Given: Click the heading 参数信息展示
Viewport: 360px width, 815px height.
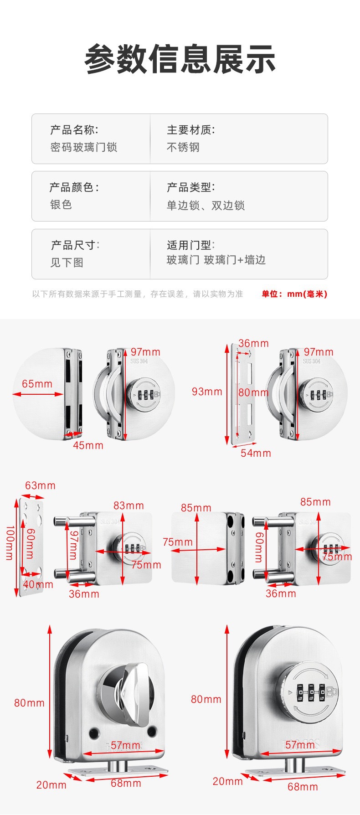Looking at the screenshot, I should pyautogui.click(x=180, y=59).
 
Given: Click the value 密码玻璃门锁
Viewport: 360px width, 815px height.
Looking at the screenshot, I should pyautogui.click(x=84, y=147).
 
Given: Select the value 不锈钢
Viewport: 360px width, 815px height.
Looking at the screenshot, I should pyautogui.click(x=183, y=147).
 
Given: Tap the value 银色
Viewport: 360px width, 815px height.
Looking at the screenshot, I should pyautogui.click(x=61, y=205).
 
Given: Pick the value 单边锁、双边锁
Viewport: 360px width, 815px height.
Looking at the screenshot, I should pyautogui.click(x=206, y=206).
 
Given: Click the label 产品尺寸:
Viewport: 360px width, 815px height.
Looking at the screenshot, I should pyautogui.click(x=75, y=245).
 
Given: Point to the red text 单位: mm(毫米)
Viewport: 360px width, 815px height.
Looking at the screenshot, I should pyautogui.click(x=294, y=294).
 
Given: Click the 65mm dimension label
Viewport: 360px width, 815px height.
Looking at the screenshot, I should pyautogui.click(x=37, y=384).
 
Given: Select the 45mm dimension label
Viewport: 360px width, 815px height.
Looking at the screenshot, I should pyautogui.click(x=88, y=445).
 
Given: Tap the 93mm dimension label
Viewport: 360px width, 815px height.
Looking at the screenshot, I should pyautogui.click(x=207, y=392).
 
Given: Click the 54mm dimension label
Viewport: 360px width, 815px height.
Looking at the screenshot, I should pyautogui.click(x=256, y=453).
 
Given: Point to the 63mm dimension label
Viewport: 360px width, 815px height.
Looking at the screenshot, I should pyautogui.click(x=40, y=485).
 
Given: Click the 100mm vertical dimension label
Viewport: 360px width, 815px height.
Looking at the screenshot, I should pyautogui.click(x=9, y=542).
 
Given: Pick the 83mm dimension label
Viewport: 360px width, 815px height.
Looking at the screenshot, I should pyautogui.click(x=129, y=506).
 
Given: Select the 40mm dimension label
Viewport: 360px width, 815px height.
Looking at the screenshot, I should pyautogui.click(x=38, y=584).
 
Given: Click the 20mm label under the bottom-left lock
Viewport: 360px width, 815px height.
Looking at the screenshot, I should pyautogui.click(x=51, y=785).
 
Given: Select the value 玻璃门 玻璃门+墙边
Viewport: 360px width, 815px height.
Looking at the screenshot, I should pyautogui.click(x=216, y=260).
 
